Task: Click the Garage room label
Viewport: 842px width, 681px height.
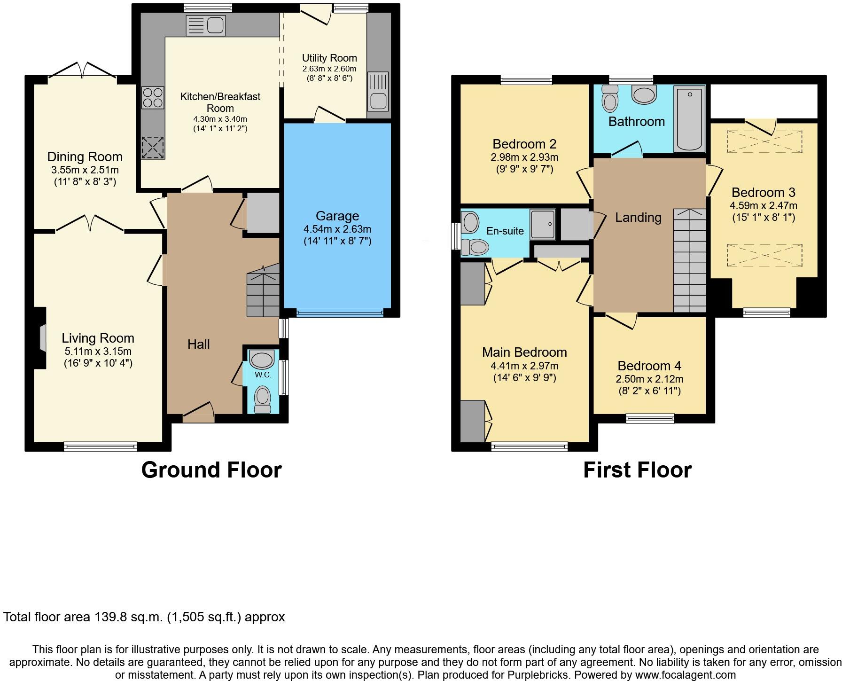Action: pos(337,216)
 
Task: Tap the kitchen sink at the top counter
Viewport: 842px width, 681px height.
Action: pos(206,24)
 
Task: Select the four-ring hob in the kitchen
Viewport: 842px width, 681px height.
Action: pos(153,98)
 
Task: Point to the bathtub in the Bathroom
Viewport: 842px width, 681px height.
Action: pos(689,119)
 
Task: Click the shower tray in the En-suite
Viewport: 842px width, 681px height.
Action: pos(543,225)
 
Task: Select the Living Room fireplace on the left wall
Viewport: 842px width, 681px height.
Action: pos(42,337)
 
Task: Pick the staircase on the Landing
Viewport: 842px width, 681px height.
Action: pos(689,261)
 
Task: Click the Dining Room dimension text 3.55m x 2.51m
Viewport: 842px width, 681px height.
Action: pos(85,170)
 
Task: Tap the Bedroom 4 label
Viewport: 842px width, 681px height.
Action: pos(649,366)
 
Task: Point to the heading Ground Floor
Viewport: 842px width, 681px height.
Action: pos(211,470)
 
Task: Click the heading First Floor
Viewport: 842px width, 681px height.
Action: pos(637,470)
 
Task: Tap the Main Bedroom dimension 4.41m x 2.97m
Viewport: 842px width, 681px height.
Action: pos(524,366)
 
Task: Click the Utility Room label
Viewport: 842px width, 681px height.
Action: pos(329,58)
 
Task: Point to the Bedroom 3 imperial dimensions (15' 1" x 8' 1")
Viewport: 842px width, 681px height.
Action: pos(763,217)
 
